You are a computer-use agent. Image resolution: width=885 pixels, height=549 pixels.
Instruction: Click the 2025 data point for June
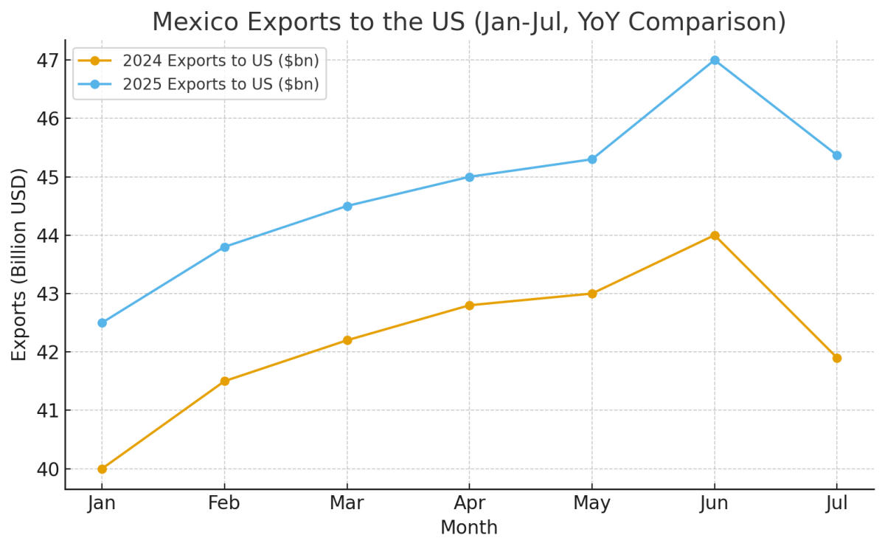coord(715,60)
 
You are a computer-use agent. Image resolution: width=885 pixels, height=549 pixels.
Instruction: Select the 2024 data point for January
coord(102,469)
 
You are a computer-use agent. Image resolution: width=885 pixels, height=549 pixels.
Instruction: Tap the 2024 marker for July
coord(837,358)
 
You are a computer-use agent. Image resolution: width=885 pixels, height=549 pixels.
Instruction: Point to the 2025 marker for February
coord(224,247)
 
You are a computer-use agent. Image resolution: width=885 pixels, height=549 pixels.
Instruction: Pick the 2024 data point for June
coord(715,235)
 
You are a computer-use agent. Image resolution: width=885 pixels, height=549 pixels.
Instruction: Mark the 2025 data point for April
coord(470,177)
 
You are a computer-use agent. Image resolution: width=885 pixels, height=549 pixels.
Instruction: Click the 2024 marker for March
coord(347,340)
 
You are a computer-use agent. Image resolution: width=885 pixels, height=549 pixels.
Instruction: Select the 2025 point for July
coord(837,156)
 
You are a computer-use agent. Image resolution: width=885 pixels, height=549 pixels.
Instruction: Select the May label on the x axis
coord(591,503)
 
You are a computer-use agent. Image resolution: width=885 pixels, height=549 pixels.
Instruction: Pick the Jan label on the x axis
coord(102,503)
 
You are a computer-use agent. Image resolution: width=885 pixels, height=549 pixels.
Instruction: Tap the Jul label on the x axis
coord(837,503)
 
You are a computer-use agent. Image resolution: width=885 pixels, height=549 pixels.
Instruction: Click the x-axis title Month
coord(469,528)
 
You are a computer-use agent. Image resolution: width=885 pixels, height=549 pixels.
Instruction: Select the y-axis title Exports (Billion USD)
coord(19,264)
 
